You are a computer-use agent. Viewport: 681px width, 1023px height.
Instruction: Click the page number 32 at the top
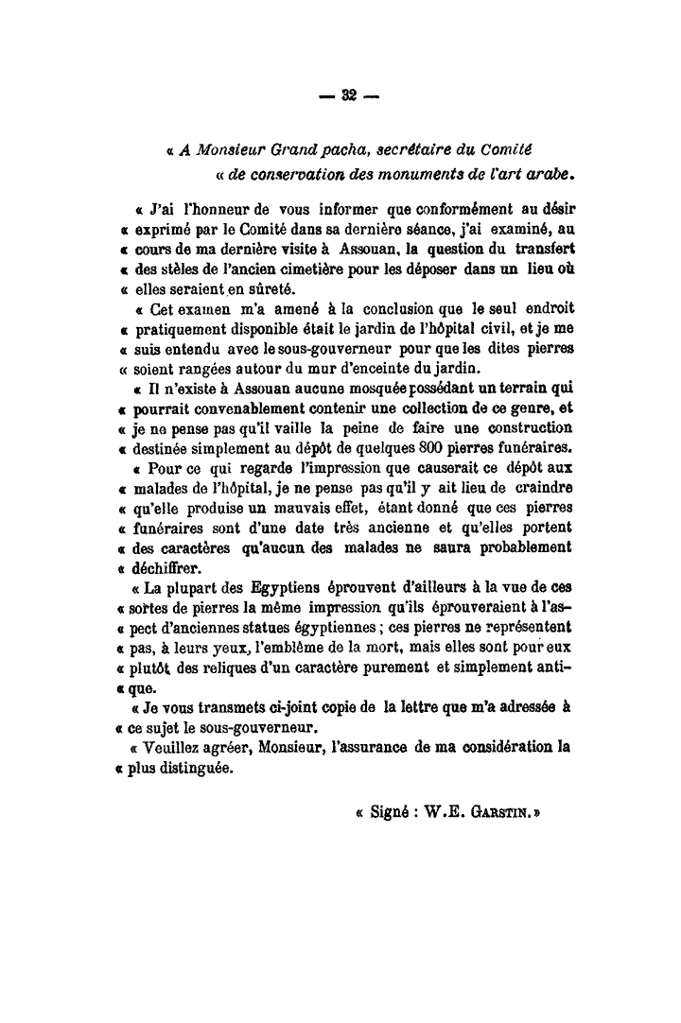click(347, 94)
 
